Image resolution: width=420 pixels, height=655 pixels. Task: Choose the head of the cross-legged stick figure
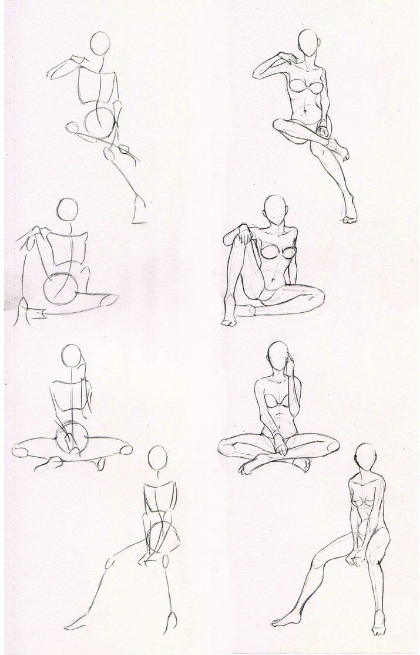tap(72, 355)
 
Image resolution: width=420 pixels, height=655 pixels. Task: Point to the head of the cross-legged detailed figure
tap(278, 356)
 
